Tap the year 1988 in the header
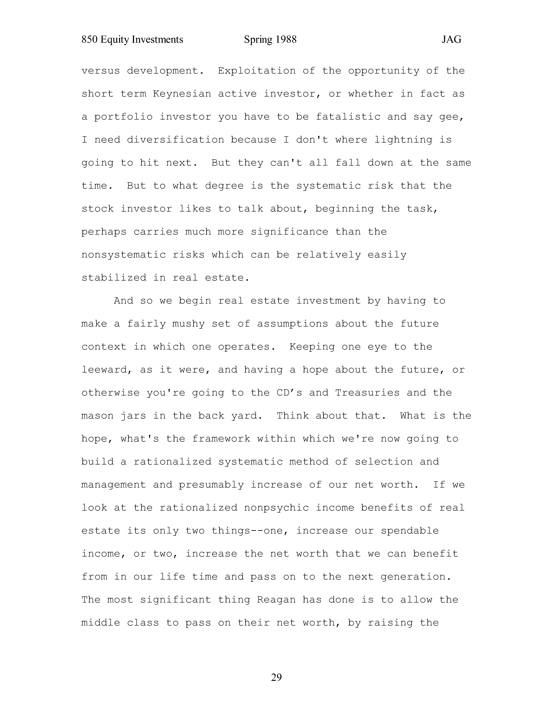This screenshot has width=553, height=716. tap(286, 40)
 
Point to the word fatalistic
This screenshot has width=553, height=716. tap(348, 117)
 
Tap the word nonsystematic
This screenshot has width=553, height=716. tap(124, 255)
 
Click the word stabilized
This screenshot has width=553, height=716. tap(114, 278)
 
